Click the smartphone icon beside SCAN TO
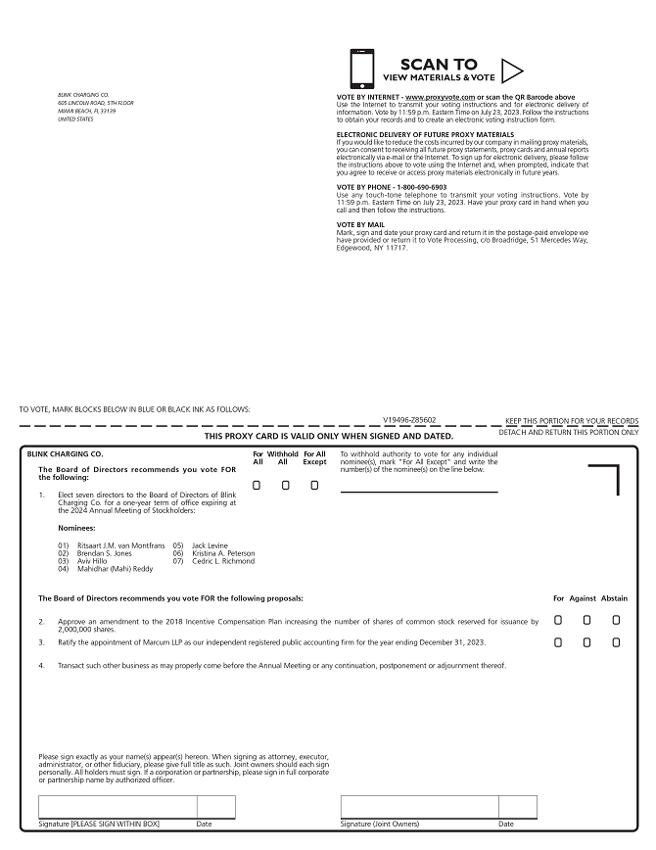[361, 70]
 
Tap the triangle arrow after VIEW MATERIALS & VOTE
[513, 71]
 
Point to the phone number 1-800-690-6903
[422, 187]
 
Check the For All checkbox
[258, 485]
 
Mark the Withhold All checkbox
[286, 485]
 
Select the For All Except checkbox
[314, 485]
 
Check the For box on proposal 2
[558, 620]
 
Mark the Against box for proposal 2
[586, 620]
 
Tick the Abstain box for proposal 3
[616, 642]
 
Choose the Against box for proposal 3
[586, 642]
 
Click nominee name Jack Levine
[210, 544]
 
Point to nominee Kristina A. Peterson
[223, 553]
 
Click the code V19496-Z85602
[409, 419]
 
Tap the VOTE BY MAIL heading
[362, 224]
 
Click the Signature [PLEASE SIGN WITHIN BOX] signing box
[117, 807]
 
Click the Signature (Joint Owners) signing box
[419, 807]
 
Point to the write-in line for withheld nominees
[418, 492]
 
